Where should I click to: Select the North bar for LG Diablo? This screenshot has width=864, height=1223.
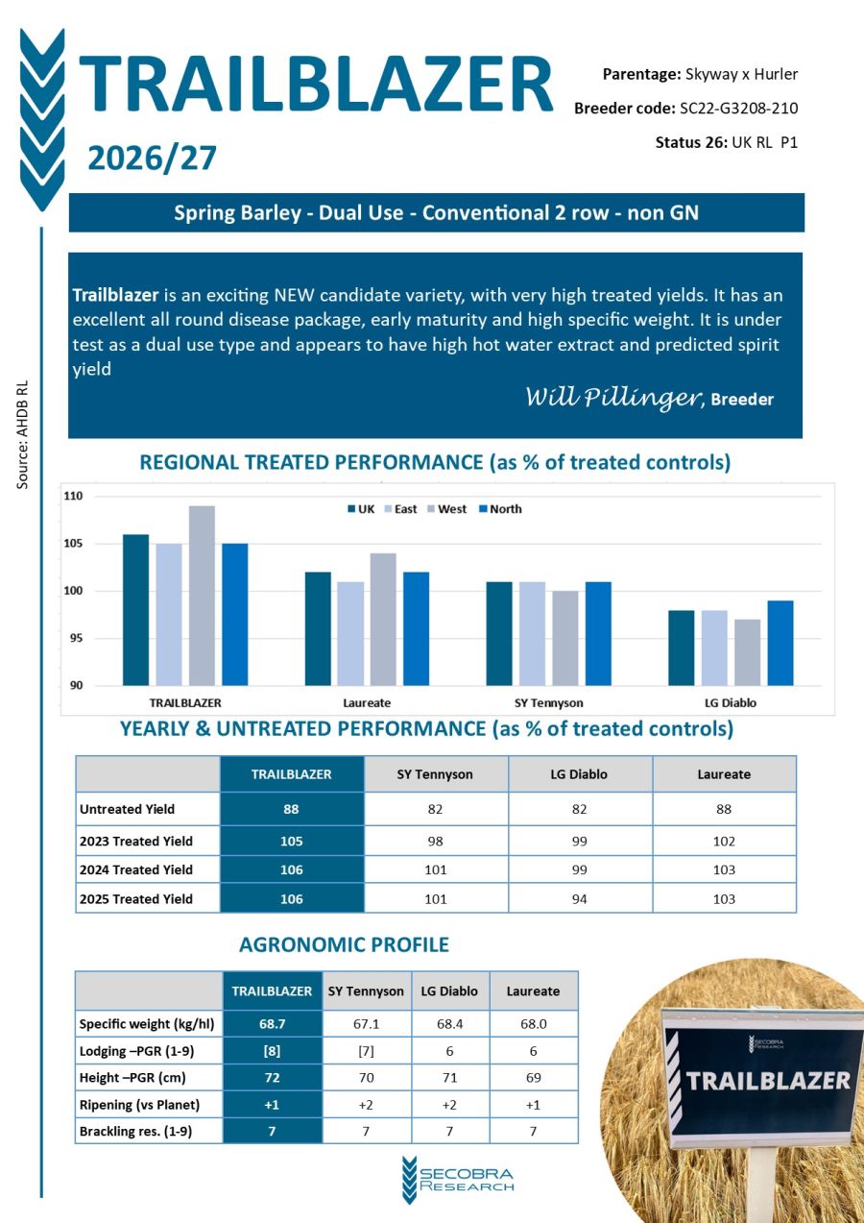click(780, 643)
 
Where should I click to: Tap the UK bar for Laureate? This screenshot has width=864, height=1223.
click(318, 628)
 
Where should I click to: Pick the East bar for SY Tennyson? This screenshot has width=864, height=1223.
click(532, 633)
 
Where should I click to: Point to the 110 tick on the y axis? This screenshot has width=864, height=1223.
click(74, 497)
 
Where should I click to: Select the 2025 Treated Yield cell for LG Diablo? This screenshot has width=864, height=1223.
click(580, 899)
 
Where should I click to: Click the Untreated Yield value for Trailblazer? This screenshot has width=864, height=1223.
click(291, 809)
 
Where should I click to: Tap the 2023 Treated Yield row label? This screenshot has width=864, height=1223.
click(135, 841)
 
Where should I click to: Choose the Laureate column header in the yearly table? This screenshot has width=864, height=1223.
click(724, 773)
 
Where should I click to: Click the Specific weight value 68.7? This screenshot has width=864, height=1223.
click(272, 1024)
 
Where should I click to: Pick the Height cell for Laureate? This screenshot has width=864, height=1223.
click(533, 1078)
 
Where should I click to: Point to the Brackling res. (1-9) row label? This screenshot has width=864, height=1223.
click(135, 1132)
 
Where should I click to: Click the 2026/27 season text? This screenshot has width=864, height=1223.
click(153, 158)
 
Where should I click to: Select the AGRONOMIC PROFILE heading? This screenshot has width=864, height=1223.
click(344, 944)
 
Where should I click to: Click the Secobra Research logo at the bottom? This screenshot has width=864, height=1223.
click(459, 1179)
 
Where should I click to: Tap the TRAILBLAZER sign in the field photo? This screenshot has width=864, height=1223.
click(767, 1080)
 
